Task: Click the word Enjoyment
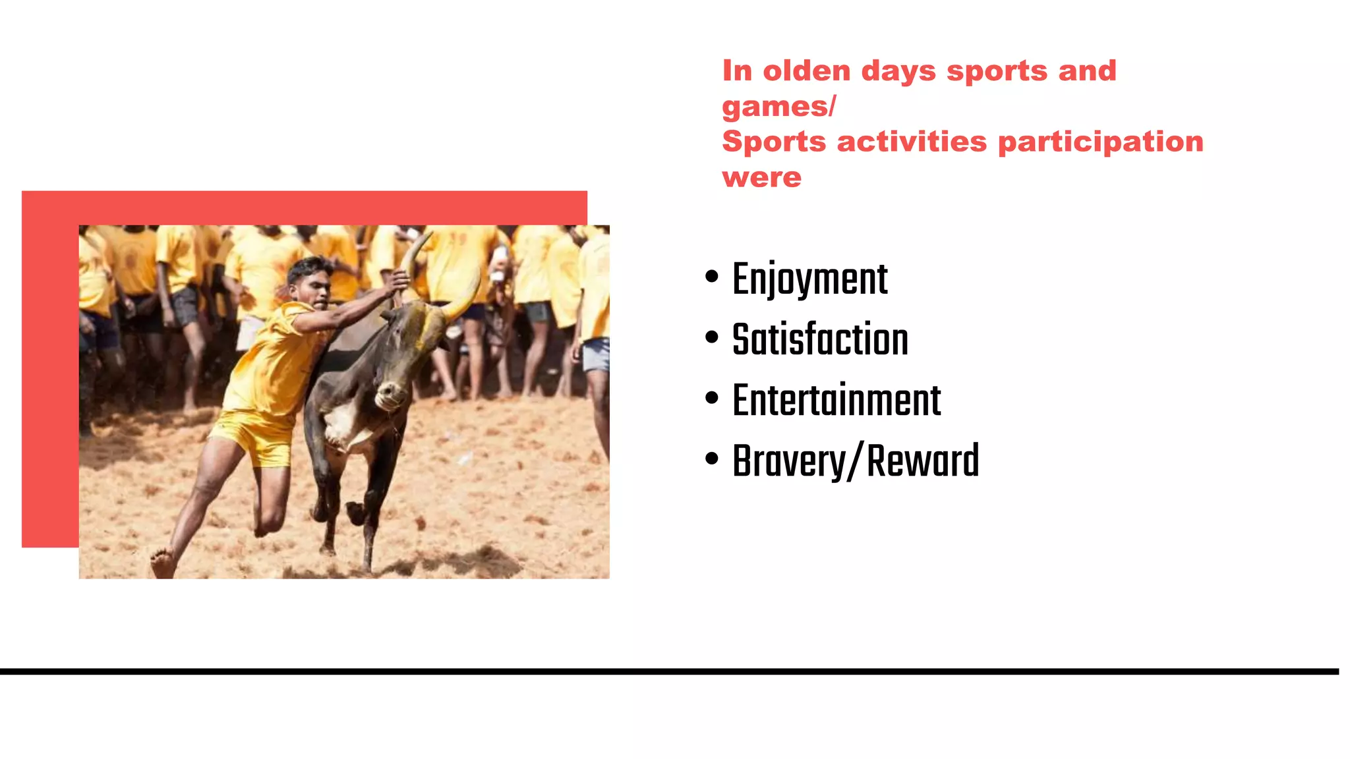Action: [x=809, y=279]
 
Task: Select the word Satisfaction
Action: [x=820, y=340]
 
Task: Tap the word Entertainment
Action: [x=836, y=401]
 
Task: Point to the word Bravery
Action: [x=789, y=461]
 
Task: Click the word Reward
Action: [x=922, y=461]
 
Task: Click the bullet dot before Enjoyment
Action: [x=711, y=277]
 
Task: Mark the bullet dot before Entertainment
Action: [x=711, y=398]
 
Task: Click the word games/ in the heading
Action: [x=778, y=106]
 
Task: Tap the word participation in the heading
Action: [x=1100, y=142]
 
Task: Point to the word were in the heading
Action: [x=761, y=177]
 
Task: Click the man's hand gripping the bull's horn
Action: [x=398, y=280]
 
